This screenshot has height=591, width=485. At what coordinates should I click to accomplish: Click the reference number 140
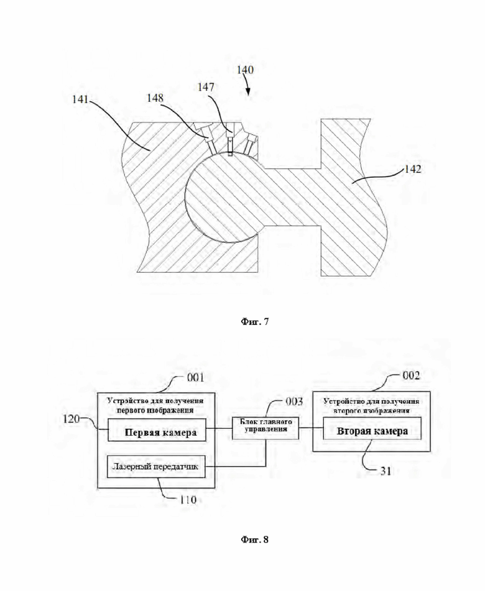pyautogui.click(x=245, y=70)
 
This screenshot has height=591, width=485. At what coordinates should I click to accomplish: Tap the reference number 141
pyautogui.click(x=80, y=99)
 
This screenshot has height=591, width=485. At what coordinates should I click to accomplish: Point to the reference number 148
pyautogui.click(x=155, y=98)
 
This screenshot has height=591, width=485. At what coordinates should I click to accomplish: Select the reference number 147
pyautogui.click(x=206, y=87)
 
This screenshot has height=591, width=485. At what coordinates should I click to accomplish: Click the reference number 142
pyautogui.click(x=413, y=169)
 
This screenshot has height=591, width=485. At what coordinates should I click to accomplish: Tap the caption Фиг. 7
pyautogui.click(x=254, y=322)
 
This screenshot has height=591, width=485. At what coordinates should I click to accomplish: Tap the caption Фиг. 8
pyautogui.click(x=254, y=539)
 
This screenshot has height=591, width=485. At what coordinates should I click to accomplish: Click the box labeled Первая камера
pyautogui.click(x=157, y=429)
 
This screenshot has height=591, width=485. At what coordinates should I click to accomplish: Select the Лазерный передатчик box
pyautogui.click(x=157, y=467)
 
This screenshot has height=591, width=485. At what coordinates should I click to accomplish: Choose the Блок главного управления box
pyautogui.click(x=266, y=428)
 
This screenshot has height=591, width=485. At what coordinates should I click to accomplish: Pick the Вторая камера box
pyautogui.click(x=372, y=428)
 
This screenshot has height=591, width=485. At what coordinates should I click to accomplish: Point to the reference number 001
pyautogui.click(x=195, y=377)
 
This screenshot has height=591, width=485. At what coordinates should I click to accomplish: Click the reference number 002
pyautogui.click(x=411, y=375)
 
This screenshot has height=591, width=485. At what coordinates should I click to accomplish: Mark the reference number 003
pyautogui.click(x=294, y=402)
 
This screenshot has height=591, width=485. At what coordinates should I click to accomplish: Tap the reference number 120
pyautogui.click(x=72, y=419)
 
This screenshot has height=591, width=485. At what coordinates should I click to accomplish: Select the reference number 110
pyautogui.click(x=188, y=500)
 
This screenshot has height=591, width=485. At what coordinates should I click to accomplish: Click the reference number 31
pyautogui.click(x=386, y=471)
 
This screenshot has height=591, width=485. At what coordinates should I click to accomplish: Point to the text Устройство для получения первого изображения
pyautogui.click(x=155, y=405)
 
